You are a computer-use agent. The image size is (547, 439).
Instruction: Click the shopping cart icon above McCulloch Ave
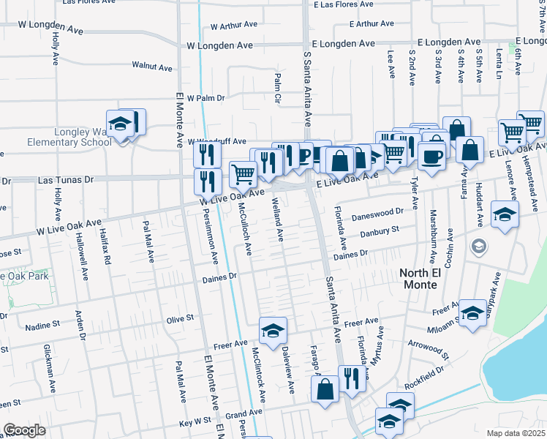click(x=244, y=174)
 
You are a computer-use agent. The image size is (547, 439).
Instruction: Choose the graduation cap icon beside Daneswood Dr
click(x=504, y=214)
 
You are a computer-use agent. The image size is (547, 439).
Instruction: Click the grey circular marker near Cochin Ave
click(x=478, y=246)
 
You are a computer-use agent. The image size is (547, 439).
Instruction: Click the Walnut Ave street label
click(x=152, y=67)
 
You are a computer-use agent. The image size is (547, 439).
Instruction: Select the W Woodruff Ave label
click(x=217, y=142)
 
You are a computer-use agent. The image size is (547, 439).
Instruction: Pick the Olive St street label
click(x=180, y=318)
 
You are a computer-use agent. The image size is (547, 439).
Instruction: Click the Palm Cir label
click(x=278, y=87)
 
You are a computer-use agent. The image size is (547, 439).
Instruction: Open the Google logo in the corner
click(x=24, y=430)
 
